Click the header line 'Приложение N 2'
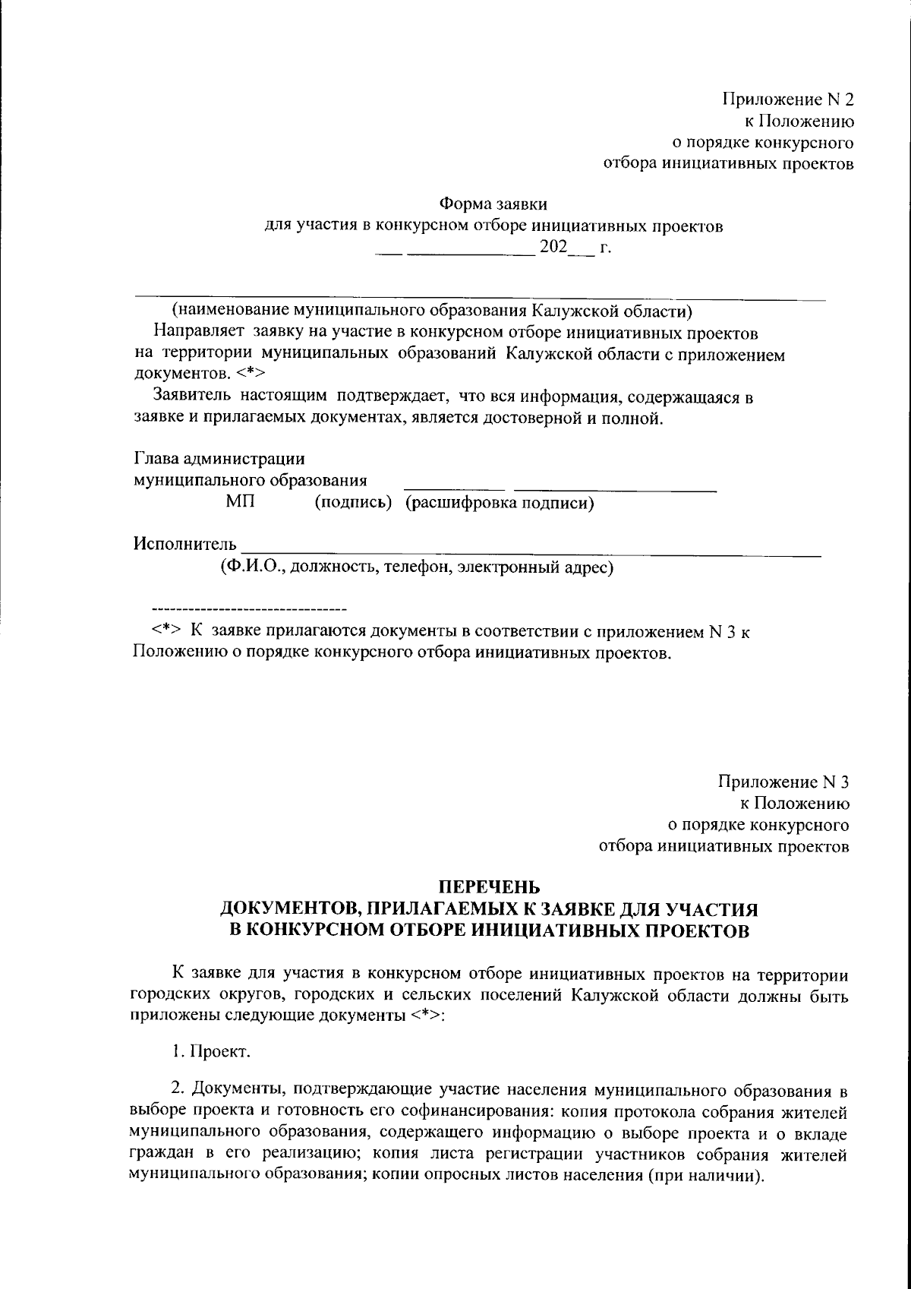[787, 100]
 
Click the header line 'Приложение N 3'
[783, 782]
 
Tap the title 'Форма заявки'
[493, 204]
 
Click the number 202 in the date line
[553, 248]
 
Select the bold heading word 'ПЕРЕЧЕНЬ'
[490, 886]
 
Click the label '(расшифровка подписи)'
[499, 503]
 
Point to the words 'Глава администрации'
[219, 459]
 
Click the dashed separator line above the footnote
[249, 609]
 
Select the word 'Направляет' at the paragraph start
[197, 332]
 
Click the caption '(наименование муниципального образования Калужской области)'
[431, 311]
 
